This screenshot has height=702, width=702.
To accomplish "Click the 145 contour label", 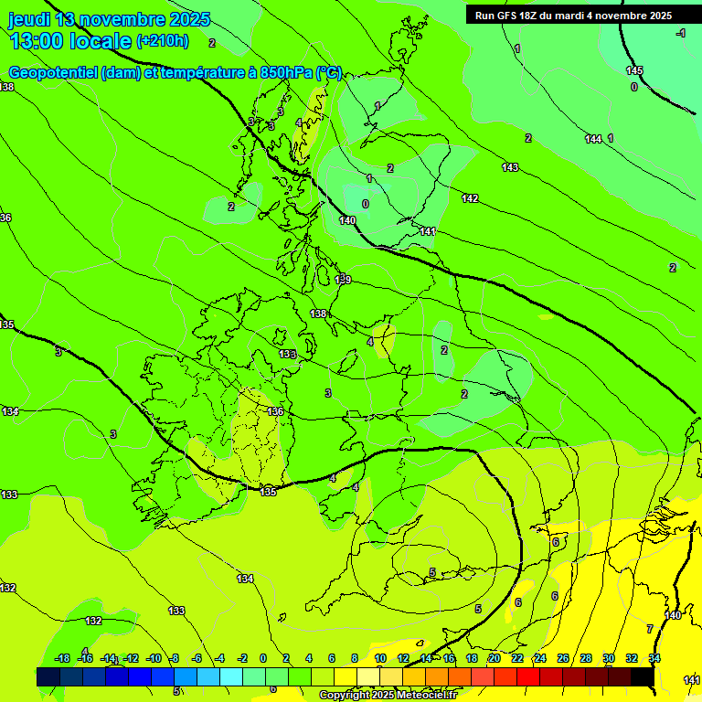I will [634, 70].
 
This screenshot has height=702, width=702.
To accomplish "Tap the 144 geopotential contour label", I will [593, 139].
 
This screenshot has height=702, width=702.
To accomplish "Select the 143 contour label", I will [510, 167].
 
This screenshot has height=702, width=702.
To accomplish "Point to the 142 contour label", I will [470, 198].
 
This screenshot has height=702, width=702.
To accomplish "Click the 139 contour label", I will [344, 279].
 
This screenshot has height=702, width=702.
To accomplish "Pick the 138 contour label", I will [318, 314].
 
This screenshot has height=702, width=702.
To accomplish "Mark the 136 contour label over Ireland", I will [275, 412].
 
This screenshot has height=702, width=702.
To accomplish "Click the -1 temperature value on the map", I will [680, 33].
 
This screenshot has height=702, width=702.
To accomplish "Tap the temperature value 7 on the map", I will [650, 629].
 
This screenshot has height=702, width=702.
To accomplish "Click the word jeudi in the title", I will [30, 19].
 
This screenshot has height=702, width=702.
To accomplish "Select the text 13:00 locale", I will [70, 41].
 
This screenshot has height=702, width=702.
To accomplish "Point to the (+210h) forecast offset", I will [163, 41].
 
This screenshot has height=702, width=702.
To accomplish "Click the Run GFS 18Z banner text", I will [573, 16].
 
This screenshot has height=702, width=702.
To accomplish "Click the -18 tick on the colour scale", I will [63, 658].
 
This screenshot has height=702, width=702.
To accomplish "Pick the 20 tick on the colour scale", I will [494, 658].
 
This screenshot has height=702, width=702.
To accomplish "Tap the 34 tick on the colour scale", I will [654, 658].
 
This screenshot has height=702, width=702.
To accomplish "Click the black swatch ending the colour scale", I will [642, 676].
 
